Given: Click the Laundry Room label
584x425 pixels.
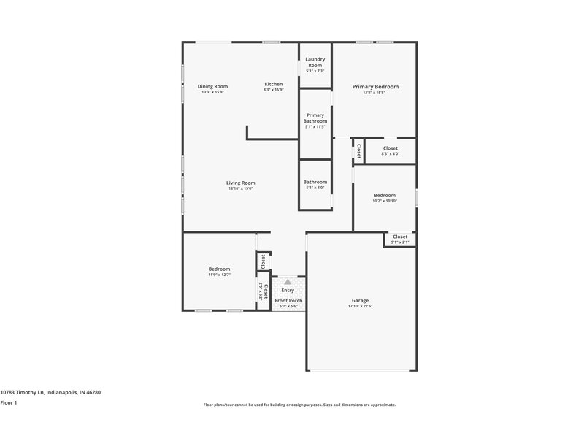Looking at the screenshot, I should [315, 62].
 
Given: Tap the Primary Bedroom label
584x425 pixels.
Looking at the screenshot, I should [375, 86].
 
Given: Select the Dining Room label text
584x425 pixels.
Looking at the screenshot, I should [212, 86].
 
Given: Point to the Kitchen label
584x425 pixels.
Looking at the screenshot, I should [273, 85].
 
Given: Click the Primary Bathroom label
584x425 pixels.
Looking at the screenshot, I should [315, 118].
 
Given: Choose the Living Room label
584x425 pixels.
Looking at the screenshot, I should [240, 183].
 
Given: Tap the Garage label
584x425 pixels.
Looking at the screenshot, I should [360, 300].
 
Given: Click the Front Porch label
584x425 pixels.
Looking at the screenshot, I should [288, 300].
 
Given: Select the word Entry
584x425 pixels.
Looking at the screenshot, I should [288, 290].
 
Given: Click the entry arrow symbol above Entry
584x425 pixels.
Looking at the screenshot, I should [288, 280].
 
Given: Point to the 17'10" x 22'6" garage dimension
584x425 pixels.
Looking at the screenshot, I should [360, 307].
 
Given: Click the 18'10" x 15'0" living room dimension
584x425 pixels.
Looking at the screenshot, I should [240, 189].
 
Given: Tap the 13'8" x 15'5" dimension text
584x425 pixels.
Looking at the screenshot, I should [375, 93].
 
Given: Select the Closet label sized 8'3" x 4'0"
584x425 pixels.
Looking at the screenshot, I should [391, 148].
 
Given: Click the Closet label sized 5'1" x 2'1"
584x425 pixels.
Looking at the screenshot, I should [400, 237].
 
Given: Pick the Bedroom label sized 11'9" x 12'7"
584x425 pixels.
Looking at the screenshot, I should [219, 269].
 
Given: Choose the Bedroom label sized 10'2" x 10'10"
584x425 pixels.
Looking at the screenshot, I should [385, 195].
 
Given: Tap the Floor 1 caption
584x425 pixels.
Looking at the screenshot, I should [9, 402].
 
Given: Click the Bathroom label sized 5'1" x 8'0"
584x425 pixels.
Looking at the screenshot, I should [315, 182].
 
